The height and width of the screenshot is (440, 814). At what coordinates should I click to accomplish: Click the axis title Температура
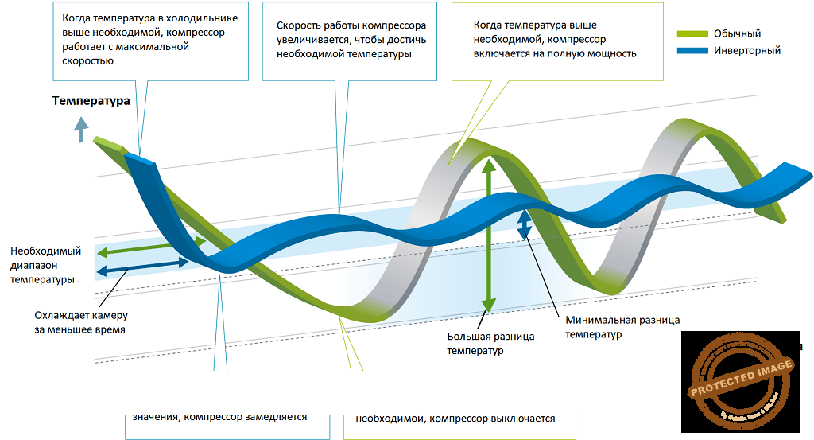[x=91, y=101]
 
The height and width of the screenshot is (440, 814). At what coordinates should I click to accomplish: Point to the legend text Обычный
[x=738, y=33]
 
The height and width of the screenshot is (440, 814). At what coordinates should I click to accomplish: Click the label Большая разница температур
[x=490, y=343]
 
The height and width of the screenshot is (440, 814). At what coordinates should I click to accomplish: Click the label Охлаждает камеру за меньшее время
[x=80, y=321]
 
